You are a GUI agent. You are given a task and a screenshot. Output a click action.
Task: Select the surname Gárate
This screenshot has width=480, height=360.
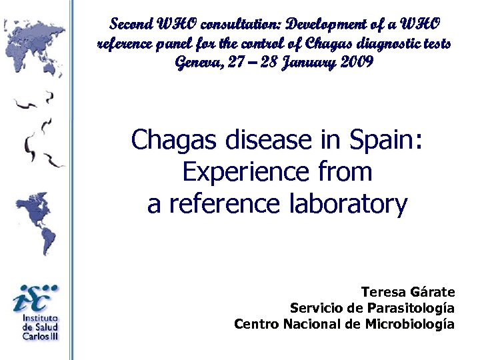coord(433,292)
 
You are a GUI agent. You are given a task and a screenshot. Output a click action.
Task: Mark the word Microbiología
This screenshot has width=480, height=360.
coord(410,324)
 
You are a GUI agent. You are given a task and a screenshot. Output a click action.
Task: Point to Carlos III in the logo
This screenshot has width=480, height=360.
coord(40,336)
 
